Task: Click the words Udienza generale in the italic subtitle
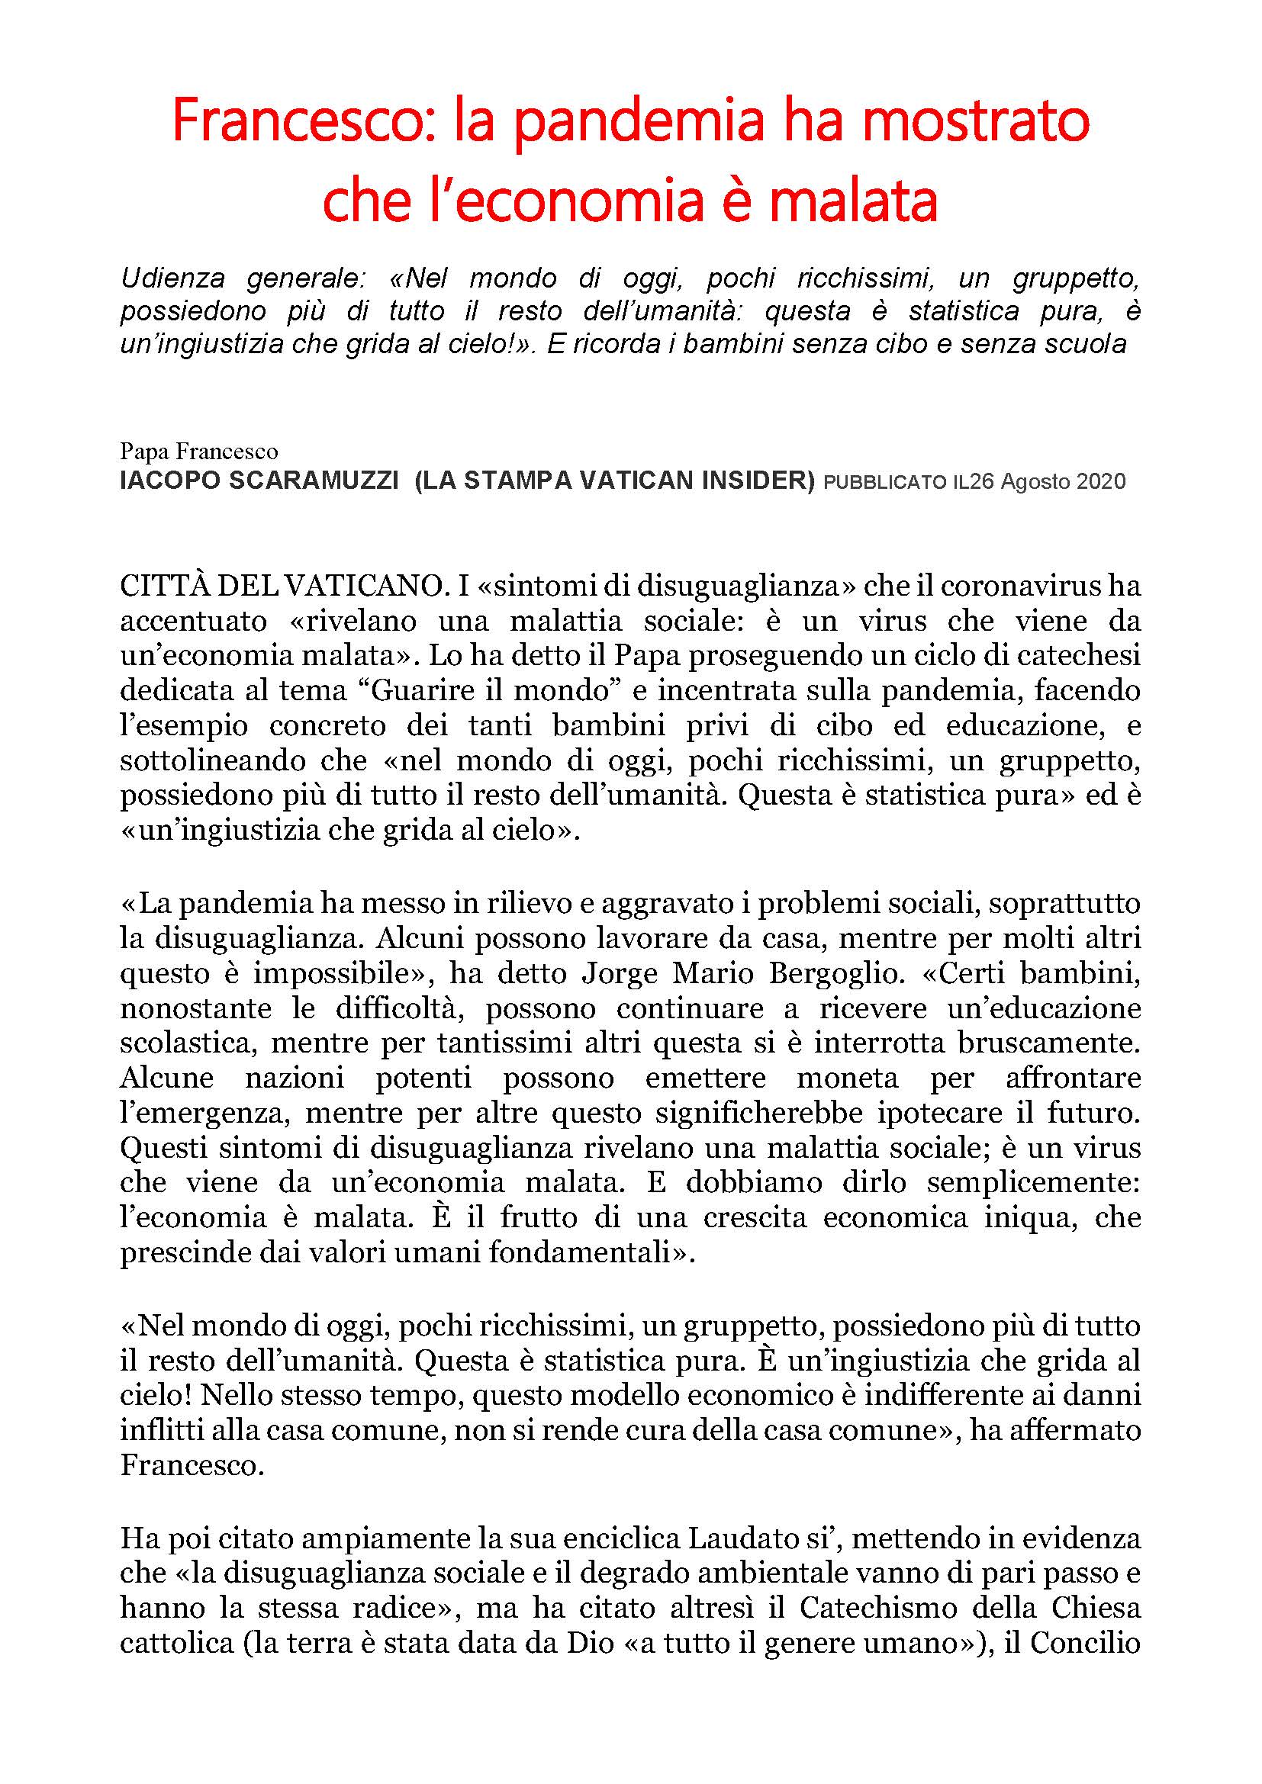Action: coord(248,278)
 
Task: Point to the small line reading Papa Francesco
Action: coord(199,452)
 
